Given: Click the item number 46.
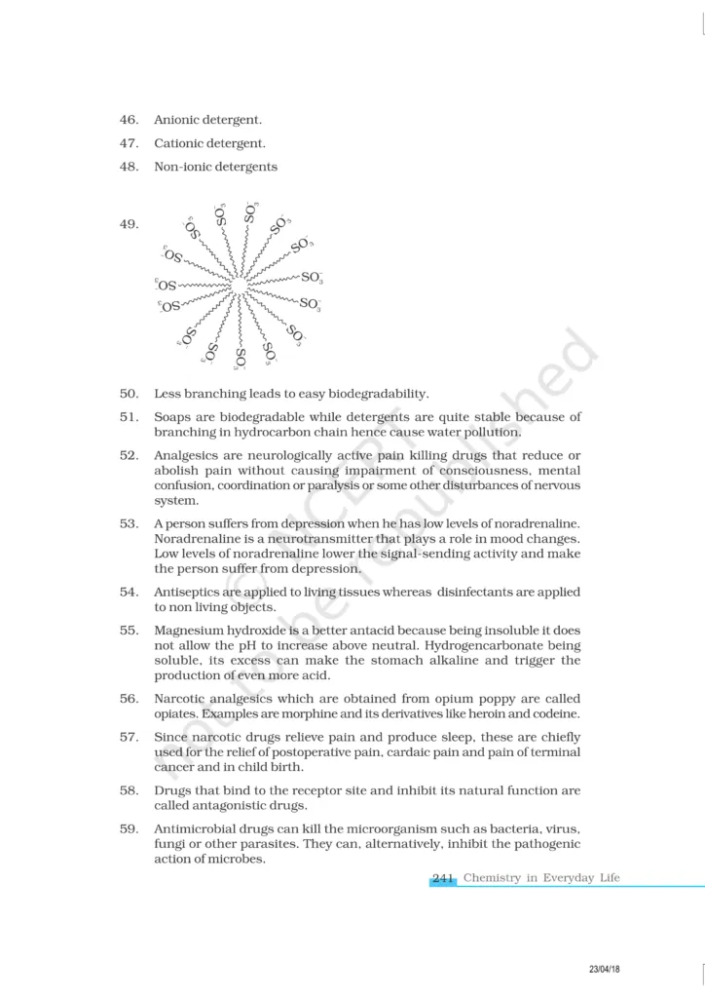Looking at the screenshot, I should coord(129,120).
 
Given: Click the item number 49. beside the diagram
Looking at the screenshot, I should coord(129,224).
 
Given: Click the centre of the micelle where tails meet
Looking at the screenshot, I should coord(239,285).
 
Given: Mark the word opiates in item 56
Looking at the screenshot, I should coord(178,714).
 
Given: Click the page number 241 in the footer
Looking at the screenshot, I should coord(444,878).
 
